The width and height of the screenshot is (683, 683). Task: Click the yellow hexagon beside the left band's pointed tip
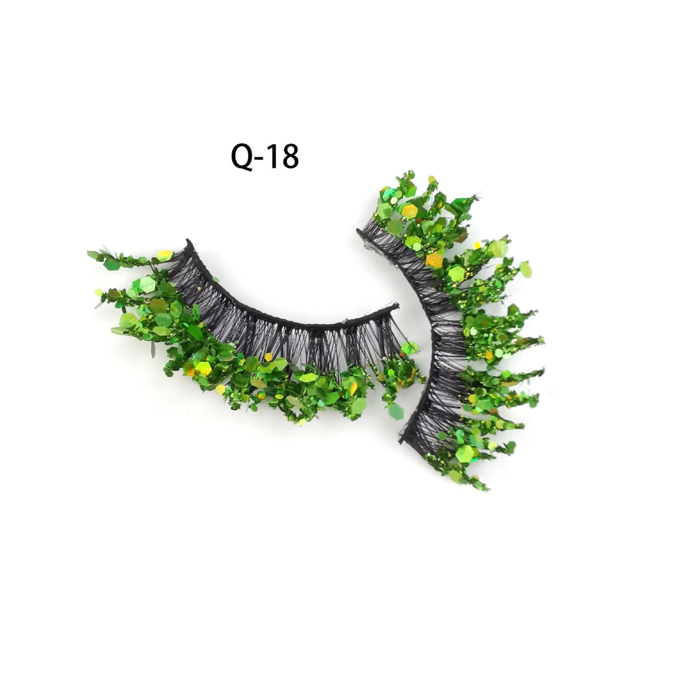165,255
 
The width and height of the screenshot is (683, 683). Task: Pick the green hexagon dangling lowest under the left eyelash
396,411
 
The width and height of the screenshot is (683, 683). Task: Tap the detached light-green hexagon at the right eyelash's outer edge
526,269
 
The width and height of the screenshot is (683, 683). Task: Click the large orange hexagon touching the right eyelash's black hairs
434,260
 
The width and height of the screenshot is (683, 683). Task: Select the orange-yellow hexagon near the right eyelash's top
409,211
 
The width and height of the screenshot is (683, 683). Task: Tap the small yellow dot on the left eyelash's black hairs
268,357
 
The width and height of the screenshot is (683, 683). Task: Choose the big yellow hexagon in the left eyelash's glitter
203,368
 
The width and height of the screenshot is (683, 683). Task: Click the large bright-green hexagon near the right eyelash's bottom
464,453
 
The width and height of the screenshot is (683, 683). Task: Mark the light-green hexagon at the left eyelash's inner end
409,347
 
